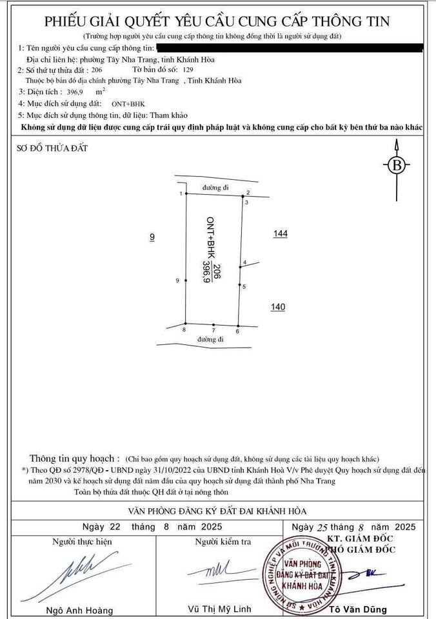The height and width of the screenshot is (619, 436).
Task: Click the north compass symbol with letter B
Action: tap(397, 165)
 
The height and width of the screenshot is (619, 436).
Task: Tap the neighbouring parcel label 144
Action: tap(280, 234)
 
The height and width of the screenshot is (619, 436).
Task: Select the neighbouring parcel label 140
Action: tap(278, 307)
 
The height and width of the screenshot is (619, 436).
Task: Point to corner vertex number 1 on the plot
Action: tap(186, 194)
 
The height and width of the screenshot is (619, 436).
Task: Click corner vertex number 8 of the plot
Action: tap(186, 324)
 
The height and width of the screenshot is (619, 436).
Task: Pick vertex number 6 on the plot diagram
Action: tap(238, 325)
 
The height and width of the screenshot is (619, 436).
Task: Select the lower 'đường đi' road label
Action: tap(211, 339)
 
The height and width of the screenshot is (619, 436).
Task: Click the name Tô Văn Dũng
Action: tap(358, 609)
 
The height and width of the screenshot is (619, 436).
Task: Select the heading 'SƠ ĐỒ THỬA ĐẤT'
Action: tap(52, 149)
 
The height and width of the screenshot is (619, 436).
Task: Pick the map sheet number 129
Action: tap(188, 69)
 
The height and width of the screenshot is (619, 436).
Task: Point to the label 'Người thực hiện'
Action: tap(82, 542)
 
